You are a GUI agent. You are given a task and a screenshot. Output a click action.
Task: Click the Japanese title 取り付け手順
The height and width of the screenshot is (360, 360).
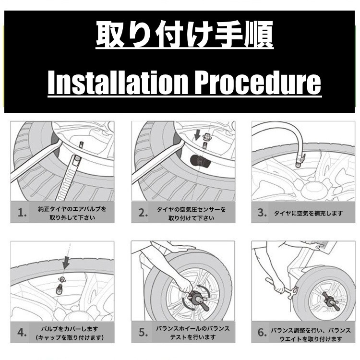(x=185, y=35)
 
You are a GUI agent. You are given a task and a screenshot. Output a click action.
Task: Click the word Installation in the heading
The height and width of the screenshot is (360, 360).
(x=118, y=83)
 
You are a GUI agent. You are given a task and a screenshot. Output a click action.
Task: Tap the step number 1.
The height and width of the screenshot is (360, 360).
(x=22, y=213)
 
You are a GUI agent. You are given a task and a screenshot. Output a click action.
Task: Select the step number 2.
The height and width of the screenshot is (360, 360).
(x=143, y=213)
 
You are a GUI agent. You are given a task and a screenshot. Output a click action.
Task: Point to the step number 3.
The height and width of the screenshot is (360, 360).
(x=262, y=213)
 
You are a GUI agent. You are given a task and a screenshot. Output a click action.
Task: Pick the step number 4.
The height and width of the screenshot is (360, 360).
(x=22, y=332)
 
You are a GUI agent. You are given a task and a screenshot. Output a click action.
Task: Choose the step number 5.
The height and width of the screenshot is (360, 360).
(x=143, y=332)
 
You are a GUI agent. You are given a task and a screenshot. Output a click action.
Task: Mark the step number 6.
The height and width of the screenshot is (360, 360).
(x=262, y=332)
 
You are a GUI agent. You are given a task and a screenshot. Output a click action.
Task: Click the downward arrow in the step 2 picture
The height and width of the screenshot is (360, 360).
(x=197, y=134)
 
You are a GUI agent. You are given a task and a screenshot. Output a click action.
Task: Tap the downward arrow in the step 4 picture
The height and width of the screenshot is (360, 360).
(x=66, y=263)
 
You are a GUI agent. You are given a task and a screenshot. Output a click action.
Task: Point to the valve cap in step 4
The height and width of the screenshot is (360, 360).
(x=62, y=279)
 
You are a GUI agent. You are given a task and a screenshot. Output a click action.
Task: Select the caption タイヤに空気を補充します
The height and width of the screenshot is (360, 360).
(x=308, y=213)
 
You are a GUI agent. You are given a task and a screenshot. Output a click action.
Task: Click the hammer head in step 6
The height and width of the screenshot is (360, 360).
(x=292, y=293)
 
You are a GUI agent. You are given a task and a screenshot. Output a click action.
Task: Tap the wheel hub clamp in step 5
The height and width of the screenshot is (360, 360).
(x=197, y=299)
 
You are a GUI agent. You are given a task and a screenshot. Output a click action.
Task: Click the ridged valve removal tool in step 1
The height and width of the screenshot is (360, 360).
(x=68, y=177)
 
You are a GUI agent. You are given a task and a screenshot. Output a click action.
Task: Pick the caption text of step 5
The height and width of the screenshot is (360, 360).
(x=193, y=333)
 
